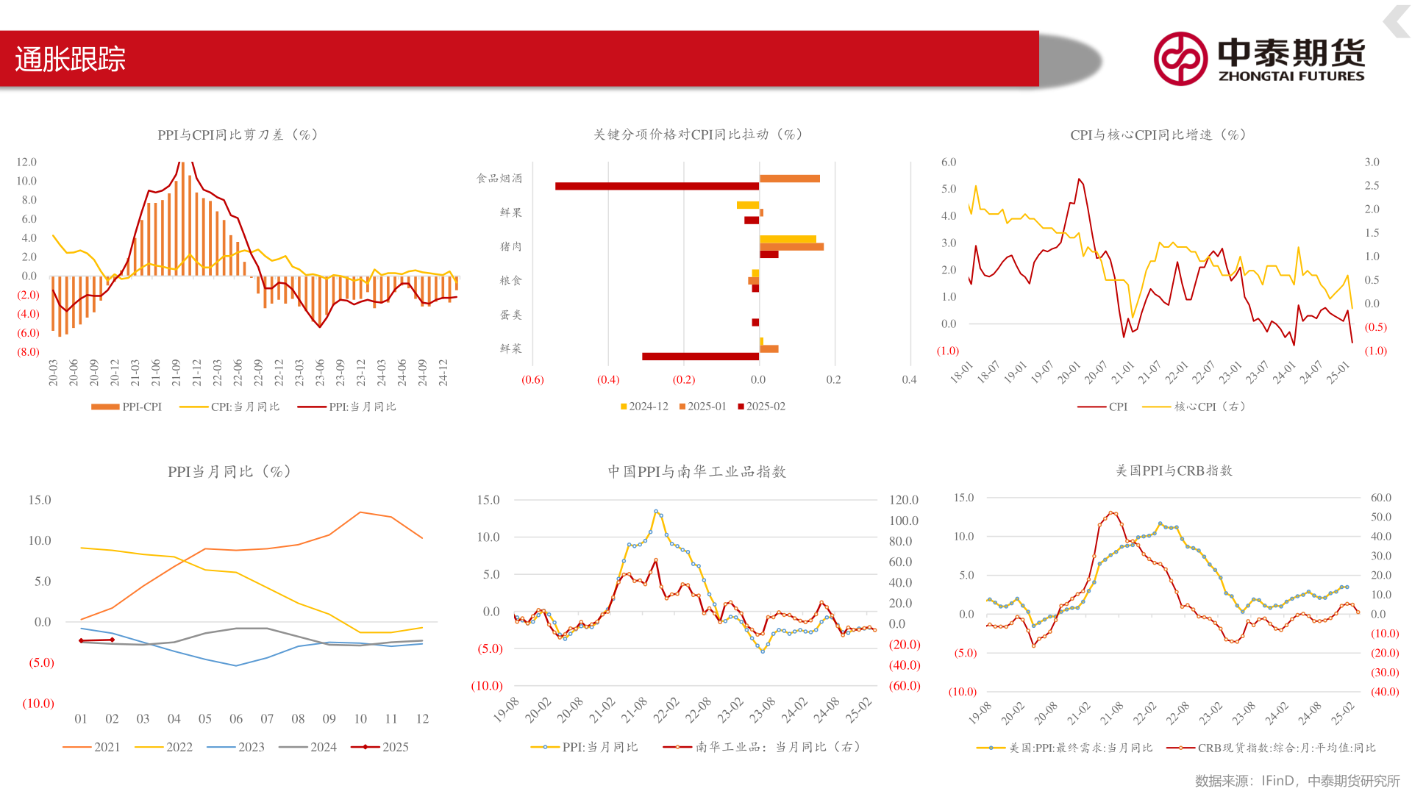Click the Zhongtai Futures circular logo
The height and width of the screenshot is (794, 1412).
coord(1180,59)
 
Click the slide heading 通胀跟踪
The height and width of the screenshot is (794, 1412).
coord(71,60)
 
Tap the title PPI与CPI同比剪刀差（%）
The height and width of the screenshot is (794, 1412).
coord(238,135)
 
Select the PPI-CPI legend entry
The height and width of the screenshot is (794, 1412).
coord(126,407)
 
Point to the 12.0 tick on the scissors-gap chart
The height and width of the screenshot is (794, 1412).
coord(26,162)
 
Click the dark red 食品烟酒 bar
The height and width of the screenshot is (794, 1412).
coord(657,187)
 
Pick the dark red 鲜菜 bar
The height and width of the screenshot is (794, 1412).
coord(700,357)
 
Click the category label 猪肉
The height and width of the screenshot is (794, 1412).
coord(510,246)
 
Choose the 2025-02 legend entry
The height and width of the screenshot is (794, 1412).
coord(762,407)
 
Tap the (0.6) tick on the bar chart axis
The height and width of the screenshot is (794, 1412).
coord(532,379)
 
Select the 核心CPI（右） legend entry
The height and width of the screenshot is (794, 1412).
coord(1194,407)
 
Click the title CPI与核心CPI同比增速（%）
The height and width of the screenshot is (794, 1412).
coord(1158,135)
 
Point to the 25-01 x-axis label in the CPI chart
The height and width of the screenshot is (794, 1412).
coord(1338,373)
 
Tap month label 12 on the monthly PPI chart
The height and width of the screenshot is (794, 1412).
coord(422,719)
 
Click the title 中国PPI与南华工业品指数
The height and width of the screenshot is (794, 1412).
coord(696,471)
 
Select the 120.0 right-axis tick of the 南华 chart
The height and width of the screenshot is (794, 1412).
coord(903,500)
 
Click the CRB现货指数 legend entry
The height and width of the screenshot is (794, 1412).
coord(1272,748)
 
